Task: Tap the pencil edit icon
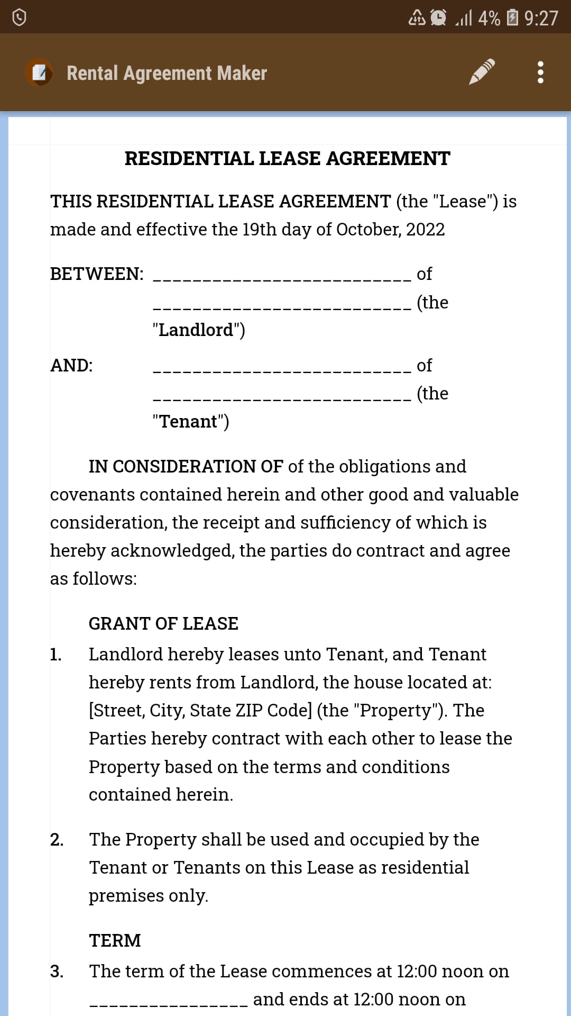[x=482, y=72]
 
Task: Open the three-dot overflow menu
[x=540, y=72]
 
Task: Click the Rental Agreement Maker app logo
[x=39, y=72]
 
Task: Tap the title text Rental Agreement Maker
[x=167, y=73]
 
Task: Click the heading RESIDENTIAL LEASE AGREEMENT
[x=287, y=158]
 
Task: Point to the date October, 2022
[x=390, y=230]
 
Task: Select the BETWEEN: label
[x=97, y=274]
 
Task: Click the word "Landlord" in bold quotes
[x=196, y=330]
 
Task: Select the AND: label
[x=71, y=366]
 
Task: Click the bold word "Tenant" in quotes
[x=189, y=422]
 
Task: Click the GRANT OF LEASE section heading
[x=163, y=624]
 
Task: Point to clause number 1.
[x=56, y=655]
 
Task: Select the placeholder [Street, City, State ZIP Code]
[x=200, y=711]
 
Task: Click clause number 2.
[x=57, y=840]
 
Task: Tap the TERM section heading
[x=115, y=941]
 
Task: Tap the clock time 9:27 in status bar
[x=541, y=18]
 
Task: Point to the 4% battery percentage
[x=489, y=18]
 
